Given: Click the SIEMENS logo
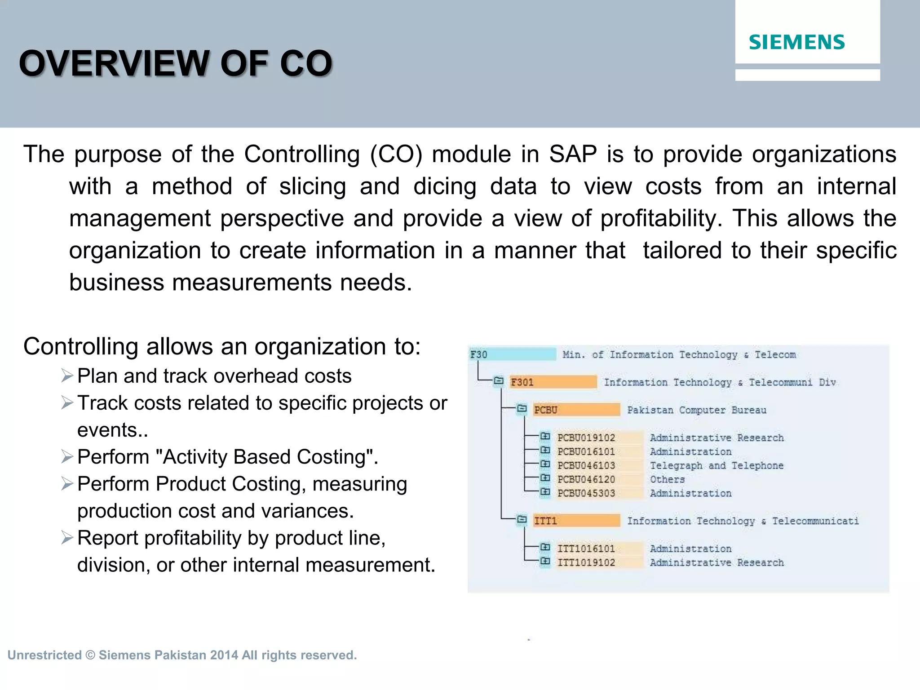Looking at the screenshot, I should [796, 42].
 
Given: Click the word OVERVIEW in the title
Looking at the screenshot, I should [115, 63].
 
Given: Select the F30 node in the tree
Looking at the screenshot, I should [479, 354].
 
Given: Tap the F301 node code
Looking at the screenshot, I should [522, 382].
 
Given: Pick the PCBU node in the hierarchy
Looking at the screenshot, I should [545, 410].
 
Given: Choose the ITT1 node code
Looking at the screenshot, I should [545, 521].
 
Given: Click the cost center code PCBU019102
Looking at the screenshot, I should [586, 438].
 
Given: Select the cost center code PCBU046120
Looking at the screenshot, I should [586, 480].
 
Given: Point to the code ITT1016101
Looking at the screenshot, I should [586, 549].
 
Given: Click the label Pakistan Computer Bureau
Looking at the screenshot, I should [696, 410].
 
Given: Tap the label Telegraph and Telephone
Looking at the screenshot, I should [716, 466].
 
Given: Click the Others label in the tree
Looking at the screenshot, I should [667, 480].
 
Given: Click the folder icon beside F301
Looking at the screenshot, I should [499, 381].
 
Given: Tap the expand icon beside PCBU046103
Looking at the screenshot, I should [545, 464].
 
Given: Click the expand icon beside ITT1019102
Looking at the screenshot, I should [545, 561].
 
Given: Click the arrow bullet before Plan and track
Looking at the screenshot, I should [67, 376].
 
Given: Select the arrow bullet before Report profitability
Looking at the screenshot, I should [67, 538].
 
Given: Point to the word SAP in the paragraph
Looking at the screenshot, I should [573, 155].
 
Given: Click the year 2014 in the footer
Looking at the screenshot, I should [224, 655].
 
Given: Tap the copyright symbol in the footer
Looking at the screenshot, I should [90, 655].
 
